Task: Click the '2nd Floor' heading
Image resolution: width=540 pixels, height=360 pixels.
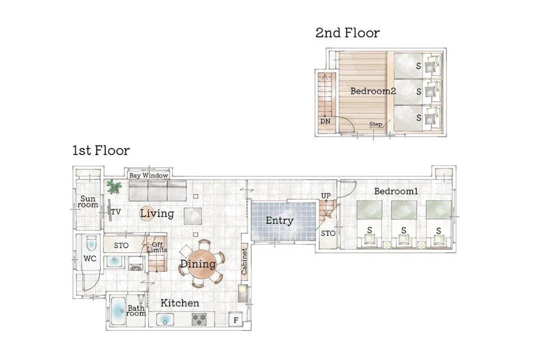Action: pyautogui.click(x=347, y=32)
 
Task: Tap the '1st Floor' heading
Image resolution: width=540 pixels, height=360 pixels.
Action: pyautogui.click(x=101, y=150)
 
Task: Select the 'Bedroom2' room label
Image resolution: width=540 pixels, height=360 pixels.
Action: pyautogui.click(x=373, y=91)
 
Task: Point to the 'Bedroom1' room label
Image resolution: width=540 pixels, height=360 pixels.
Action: pyautogui.click(x=396, y=191)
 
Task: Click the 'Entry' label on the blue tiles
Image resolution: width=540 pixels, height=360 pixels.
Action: pyautogui.click(x=279, y=220)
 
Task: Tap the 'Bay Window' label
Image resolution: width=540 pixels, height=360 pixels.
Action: pyautogui.click(x=148, y=175)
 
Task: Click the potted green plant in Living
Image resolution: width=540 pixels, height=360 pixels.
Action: pyautogui.click(x=114, y=186)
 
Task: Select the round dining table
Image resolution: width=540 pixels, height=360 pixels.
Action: pyautogui.click(x=202, y=264)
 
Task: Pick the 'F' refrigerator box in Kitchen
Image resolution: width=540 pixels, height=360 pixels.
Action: pyautogui.click(x=236, y=320)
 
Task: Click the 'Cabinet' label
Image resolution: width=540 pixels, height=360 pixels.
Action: pyautogui.click(x=244, y=261)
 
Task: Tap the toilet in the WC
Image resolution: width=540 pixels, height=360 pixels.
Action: pyautogui.click(x=91, y=243)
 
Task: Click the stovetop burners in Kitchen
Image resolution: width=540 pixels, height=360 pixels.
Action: pyautogui.click(x=199, y=319)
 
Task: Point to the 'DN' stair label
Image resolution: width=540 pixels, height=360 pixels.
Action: pyautogui.click(x=325, y=121)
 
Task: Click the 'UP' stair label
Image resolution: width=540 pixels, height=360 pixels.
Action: pyautogui.click(x=326, y=195)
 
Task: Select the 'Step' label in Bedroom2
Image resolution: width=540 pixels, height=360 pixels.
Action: pyautogui.click(x=375, y=124)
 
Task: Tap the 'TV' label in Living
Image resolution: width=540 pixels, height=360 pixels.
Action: pyautogui.click(x=116, y=211)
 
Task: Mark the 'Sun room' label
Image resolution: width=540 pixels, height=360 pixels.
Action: pyautogui.click(x=88, y=201)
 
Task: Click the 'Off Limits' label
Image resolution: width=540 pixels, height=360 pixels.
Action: pyautogui.click(x=157, y=247)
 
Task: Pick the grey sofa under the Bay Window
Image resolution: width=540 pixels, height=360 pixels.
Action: pyautogui.click(x=157, y=190)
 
